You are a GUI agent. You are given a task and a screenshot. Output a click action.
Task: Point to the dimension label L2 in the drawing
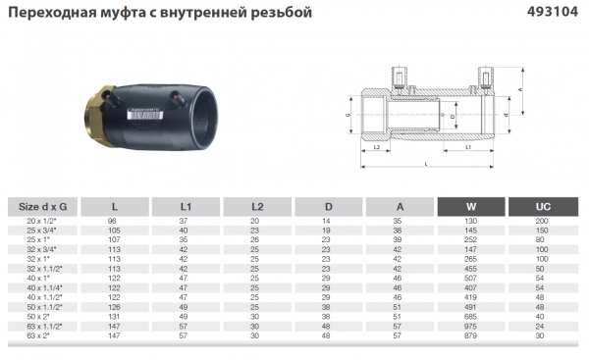pos(378,147)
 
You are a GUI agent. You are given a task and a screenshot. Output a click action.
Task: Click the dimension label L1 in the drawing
pos(468,147)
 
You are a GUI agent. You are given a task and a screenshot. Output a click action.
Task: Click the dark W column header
pos(471,207)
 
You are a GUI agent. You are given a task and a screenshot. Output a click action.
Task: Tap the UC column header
pos(542,207)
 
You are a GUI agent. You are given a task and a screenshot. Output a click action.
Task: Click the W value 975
pos(471,325)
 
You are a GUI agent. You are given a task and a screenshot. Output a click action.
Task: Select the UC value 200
pos(542,223)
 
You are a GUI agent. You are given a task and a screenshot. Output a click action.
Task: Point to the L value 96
pos(115,223)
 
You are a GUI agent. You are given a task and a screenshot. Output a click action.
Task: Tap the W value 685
pos(471,317)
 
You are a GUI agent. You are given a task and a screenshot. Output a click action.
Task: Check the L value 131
pos(115,317)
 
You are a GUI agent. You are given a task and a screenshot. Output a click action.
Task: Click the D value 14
pos(329,223)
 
